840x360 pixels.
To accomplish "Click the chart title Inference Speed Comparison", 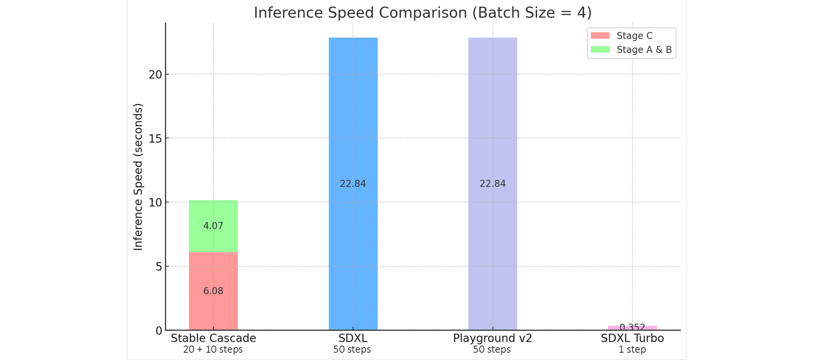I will click(x=422, y=13).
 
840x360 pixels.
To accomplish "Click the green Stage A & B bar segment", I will click(x=213, y=210).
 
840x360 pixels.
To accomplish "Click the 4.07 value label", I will click(x=213, y=226).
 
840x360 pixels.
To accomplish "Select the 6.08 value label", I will click(x=213, y=291).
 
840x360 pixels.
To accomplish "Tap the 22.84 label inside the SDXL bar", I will click(x=353, y=184).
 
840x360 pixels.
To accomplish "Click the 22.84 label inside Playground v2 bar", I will click(x=492, y=184).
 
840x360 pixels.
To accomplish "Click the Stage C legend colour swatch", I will click(x=600, y=35).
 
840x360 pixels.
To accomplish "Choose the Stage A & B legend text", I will click(x=644, y=50).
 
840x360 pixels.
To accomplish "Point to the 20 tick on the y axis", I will click(x=155, y=75).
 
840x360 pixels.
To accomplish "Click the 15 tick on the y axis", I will click(x=155, y=139).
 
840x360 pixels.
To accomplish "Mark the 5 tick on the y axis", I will click(x=159, y=267).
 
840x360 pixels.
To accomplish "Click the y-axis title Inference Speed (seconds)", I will click(x=138, y=177).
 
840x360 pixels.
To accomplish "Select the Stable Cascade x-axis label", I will click(x=213, y=338).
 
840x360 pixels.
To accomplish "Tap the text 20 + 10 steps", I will click(x=213, y=349).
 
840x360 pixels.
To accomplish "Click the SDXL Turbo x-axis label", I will click(x=632, y=338).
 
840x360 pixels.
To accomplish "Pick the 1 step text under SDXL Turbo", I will click(x=632, y=349).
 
